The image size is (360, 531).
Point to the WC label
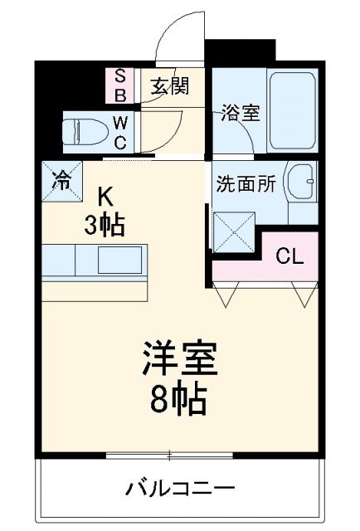click(x=120, y=131)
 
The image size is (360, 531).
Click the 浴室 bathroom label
click(x=240, y=113)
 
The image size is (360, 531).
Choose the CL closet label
click(x=288, y=256)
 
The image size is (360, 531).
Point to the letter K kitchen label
click(x=105, y=197)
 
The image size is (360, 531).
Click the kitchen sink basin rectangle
click(x=121, y=261)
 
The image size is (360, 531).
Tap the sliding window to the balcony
click(x=169, y=455)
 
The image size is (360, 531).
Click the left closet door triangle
click(x=226, y=293)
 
